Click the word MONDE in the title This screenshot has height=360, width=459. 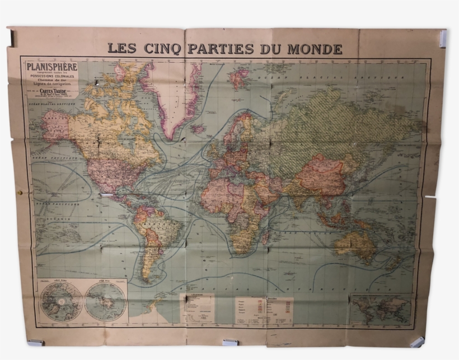click(315, 49)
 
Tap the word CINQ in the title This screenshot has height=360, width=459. click(162, 49)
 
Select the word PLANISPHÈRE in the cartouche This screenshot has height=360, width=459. click(51, 68)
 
